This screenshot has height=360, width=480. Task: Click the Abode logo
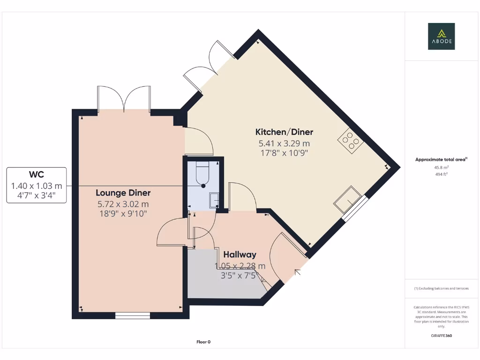pyautogui.click(x=441, y=36)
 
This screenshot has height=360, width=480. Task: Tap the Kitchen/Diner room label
pyautogui.click(x=284, y=132)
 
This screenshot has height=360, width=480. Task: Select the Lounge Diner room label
pyautogui.click(x=123, y=193)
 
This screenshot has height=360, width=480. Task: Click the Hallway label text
pyautogui.click(x=240, y=255)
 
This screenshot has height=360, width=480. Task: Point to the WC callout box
pyautogui.click(x=37, y=185)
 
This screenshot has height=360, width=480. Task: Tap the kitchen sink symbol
pyautogui.click(x=346, y=199)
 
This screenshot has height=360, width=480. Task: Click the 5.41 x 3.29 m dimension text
pyautogui.click(x=284, y=143)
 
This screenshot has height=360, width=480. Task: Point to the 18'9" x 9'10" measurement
pyautogui.click(x=123, y=214)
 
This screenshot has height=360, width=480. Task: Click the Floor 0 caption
pyautogui.click(x=203, y=342)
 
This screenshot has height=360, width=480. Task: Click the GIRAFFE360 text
pyautogui.click(x=441, y=336)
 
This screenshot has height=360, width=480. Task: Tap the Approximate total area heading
pyautogui.click(x=441, y=159)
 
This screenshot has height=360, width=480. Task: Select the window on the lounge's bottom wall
pyautogui.click(x=133, y=315)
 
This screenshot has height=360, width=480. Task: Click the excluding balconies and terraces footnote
pyautogui.click(x=441, y=288)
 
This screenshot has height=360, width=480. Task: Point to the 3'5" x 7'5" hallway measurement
pyautogui.click(x=240, y=276)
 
